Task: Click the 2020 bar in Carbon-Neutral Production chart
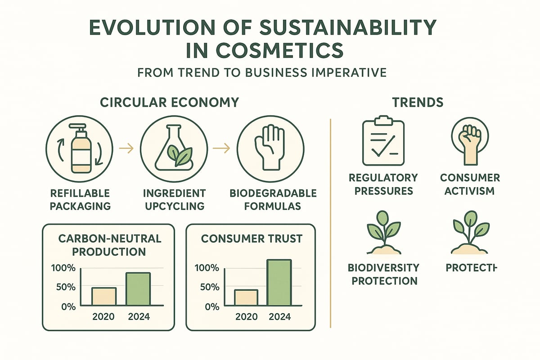pyautogui.click(x=104, y=297)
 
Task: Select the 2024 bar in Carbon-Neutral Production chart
pyautogui.click(x=138, y=289)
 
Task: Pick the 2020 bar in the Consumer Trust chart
pyautogui.click(x=246, y=297)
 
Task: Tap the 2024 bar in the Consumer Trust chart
pyautogui.click(x=279, y=283)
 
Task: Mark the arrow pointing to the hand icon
pyautogui.click(x=221, y=147)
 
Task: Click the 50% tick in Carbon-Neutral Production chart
pyautogui.click(x=65, y=287)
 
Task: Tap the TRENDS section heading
pyautogui.click(x=418, y=102)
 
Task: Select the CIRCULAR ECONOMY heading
pyautogui.click(x=169, y=102)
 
